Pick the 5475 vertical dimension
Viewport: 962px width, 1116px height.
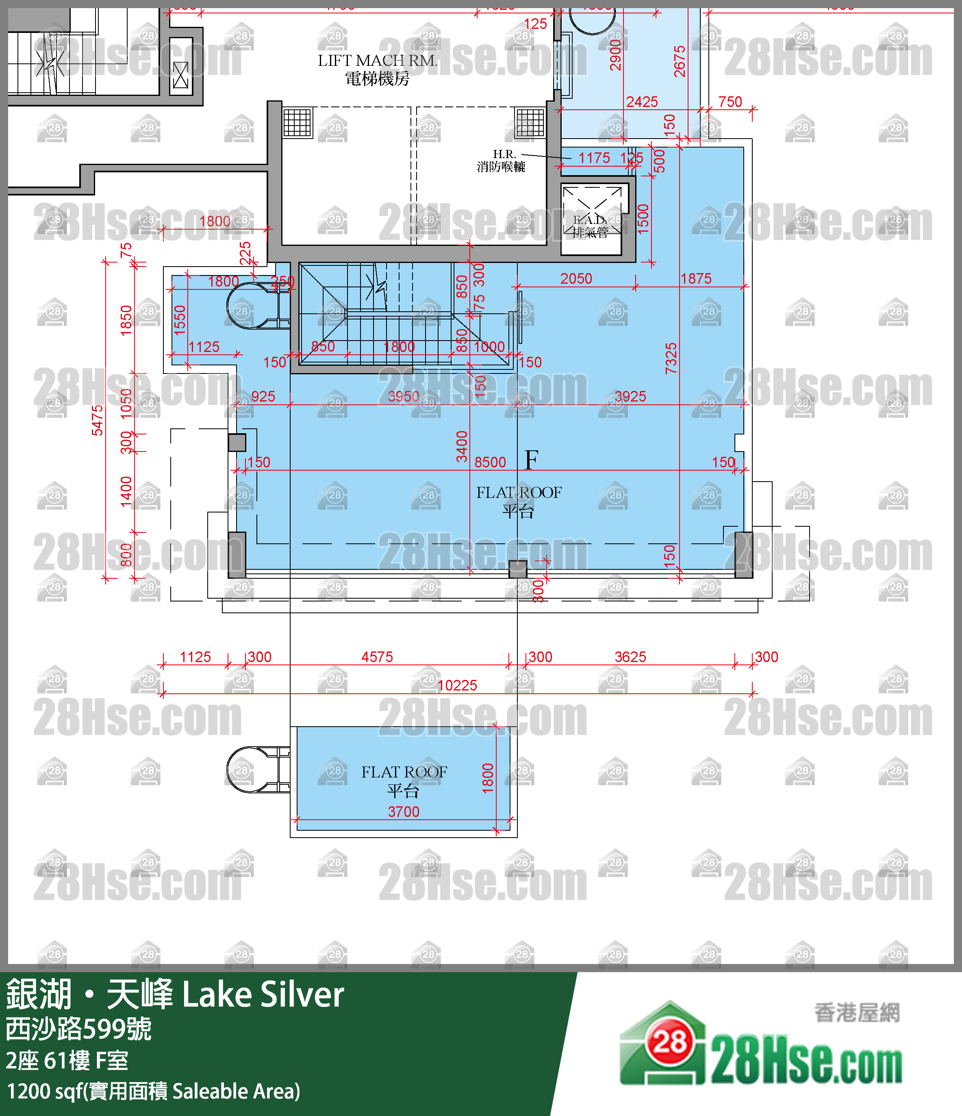tap(97, 420)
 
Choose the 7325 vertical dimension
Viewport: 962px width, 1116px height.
tap(671, 358)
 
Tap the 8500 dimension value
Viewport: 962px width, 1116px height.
tap(490, 462)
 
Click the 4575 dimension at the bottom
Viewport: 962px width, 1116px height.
tap(377, 657)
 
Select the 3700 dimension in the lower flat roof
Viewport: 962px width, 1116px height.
tap(404, 811)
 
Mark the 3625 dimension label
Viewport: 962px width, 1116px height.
tap(630, 657)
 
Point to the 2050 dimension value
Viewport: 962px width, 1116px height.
tap(576, 278)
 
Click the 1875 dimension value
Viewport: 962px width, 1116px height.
tap(696, 278)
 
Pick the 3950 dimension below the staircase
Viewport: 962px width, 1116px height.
tap(404, 396)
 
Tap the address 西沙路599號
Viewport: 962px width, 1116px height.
tap(78, 1029)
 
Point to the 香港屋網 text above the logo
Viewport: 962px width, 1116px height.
tap(856, 1013)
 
